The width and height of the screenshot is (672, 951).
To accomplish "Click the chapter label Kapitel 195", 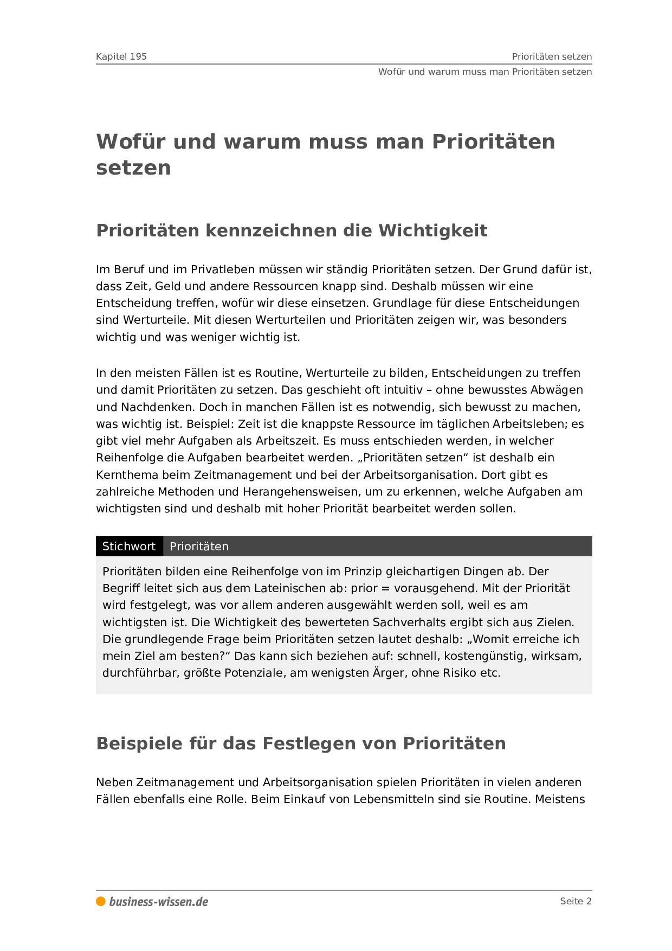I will point(121,56).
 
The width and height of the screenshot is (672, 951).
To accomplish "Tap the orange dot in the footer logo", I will point(101,901).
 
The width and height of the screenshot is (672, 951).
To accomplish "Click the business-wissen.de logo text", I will point(158,902).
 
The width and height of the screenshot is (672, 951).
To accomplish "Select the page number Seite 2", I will point(576,901).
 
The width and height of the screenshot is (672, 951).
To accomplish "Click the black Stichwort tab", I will point(129,547).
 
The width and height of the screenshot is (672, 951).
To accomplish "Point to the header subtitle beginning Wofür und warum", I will point(484,72).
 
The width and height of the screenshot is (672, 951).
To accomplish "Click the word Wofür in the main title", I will point(131,142).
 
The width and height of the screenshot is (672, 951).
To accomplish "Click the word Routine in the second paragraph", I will point(276,373).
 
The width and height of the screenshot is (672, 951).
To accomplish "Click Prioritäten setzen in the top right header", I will point(552,56).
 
